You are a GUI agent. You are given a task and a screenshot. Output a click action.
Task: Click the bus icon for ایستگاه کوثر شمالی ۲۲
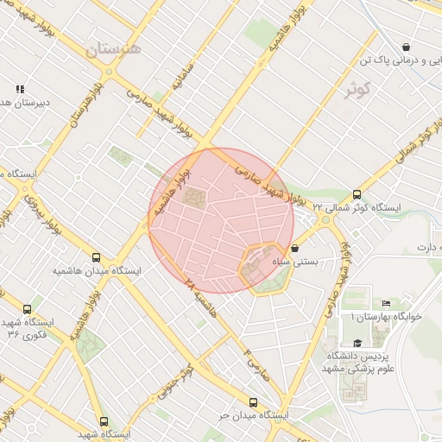(x=357, y=195)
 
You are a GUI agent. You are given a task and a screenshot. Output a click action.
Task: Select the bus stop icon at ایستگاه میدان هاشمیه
(x=97, y=257)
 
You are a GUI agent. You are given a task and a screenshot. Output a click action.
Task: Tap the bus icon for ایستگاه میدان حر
(x=253, y=402)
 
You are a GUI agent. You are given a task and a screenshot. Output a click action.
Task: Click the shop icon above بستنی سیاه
(x=294, y=248)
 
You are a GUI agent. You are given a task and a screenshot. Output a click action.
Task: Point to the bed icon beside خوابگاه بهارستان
(x=385, y=304)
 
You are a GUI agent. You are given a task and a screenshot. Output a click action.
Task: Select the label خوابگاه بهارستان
(x=380, y=317)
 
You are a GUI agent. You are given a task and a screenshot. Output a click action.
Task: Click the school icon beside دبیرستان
(x=19, y=89)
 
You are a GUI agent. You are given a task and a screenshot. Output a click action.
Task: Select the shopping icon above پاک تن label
(x=406, y=47)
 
